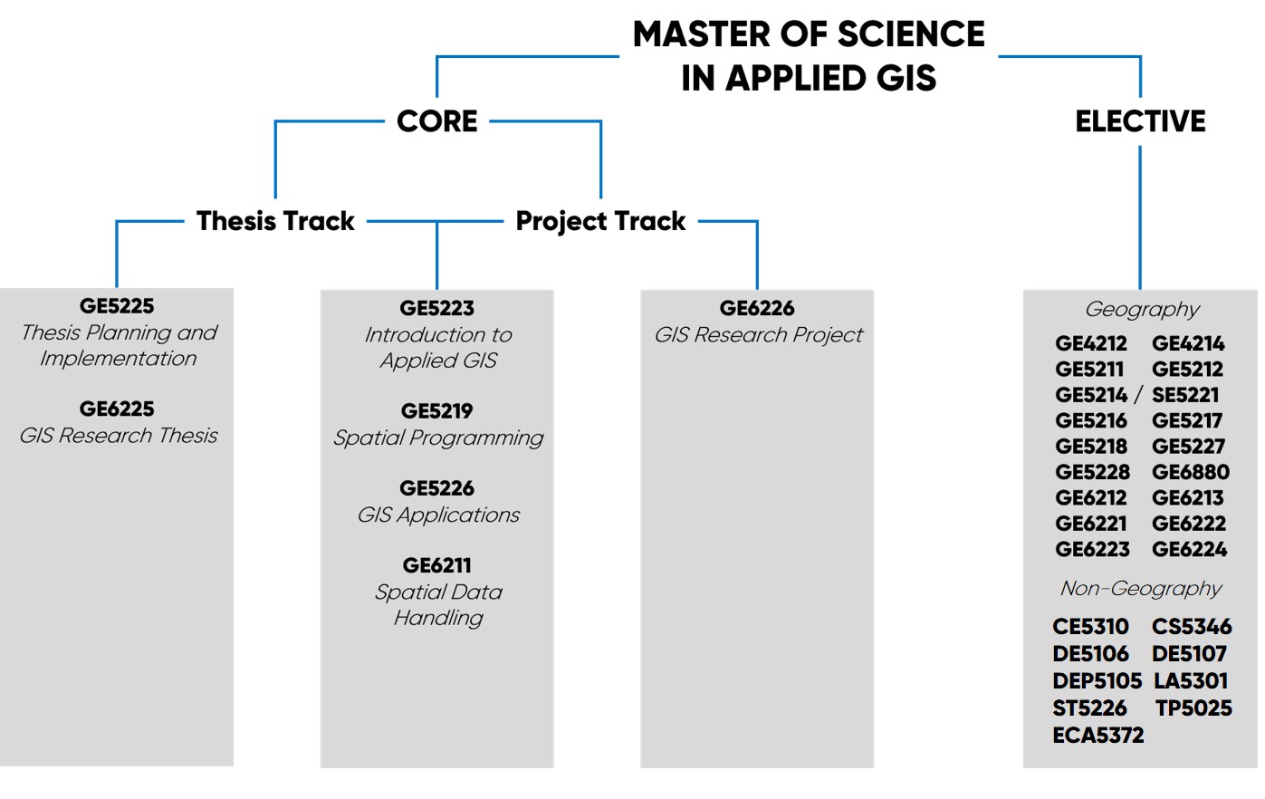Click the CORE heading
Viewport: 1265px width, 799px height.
point(436,121)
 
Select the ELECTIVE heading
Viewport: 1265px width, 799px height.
point(1140,121)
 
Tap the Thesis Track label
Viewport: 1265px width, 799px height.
point(275,221)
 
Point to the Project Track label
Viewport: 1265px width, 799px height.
point(600,221)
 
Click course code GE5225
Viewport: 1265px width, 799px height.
point(117,306)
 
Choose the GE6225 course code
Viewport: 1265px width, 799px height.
point(117,409)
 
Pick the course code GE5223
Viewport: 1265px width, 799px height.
point(436,309)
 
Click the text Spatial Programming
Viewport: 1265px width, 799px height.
point(438,438)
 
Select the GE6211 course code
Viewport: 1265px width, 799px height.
point(436,566)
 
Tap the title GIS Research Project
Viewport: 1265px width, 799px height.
point(758,335)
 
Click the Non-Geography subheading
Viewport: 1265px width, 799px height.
point(1141,589)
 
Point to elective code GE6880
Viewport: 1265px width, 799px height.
point(1190,472)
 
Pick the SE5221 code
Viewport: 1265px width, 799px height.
point(1185,395)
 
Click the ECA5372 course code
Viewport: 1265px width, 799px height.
point(1097,736)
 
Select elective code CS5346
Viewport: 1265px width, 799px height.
point(1192,627)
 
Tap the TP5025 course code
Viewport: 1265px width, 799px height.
point(1193,708)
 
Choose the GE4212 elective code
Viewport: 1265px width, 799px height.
point(1091,344)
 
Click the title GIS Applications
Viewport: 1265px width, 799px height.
point(438,515)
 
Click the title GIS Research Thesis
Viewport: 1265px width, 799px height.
point(119,436)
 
